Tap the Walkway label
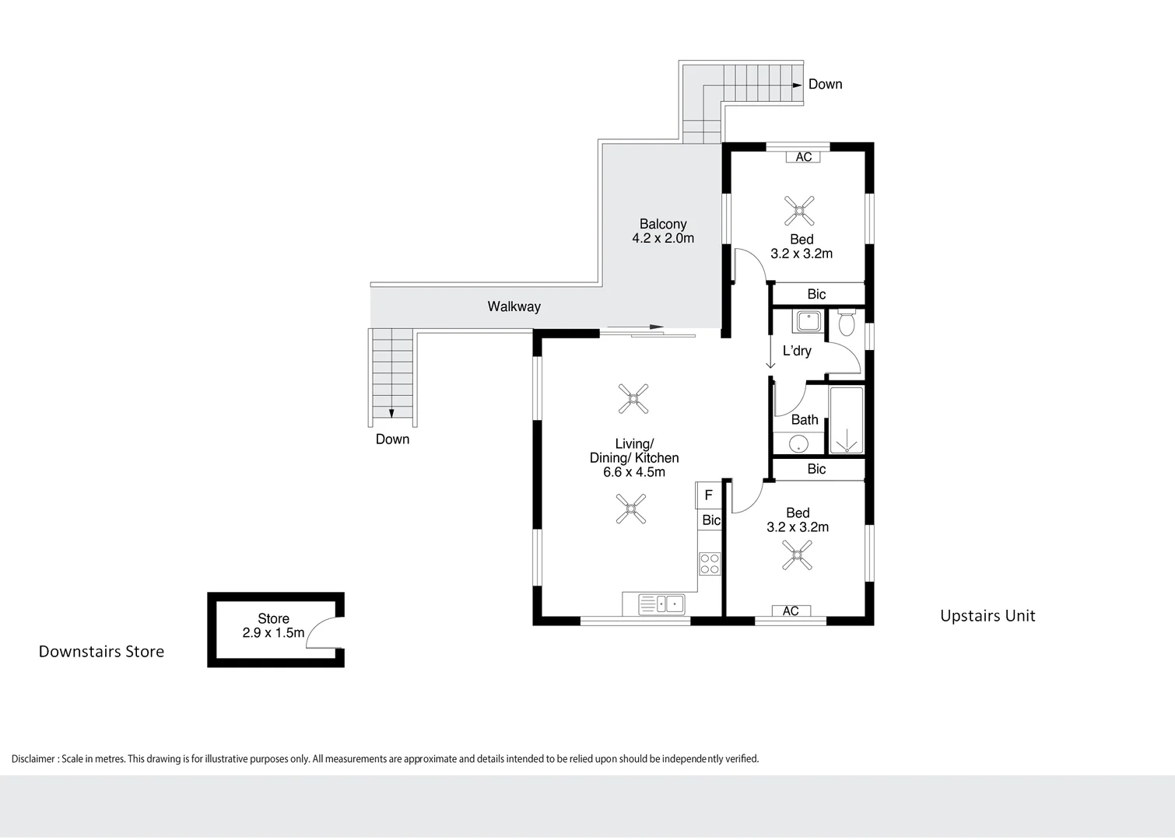click(514, 306)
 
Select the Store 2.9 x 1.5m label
click(273, 625)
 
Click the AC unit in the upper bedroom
click(803, 157)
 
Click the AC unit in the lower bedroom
click(791, 611)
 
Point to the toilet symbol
click(847, 322)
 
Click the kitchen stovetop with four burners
click(710, 564)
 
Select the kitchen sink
click(661, 604)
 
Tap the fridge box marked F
click(708, 495)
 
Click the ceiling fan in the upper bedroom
click(799, 210)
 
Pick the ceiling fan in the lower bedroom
click(797, 555)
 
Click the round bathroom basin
click(798, 444)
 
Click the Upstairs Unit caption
click(987, 616)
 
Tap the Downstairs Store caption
click(101, 652)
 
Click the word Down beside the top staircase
click(825, 84)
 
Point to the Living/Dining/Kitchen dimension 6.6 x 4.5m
click(634, 472)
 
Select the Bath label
click(805, 420)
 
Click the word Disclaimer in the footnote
click(33, 759)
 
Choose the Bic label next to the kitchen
click(711, 520)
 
